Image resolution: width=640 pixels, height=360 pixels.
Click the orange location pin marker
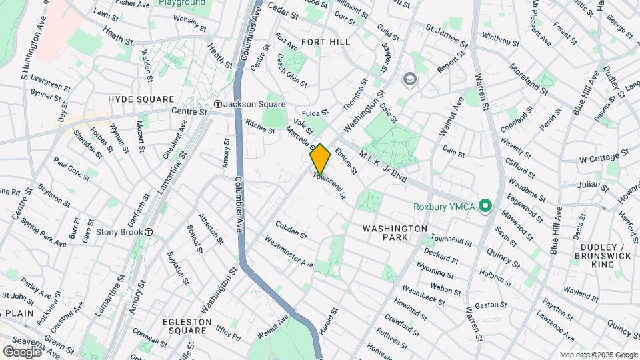(x=320, y=159)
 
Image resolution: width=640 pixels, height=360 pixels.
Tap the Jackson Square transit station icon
(x=217, y=104)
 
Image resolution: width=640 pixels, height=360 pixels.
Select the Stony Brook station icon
(x=150, y=232)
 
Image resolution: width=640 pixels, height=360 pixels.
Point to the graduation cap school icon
(x=408, y=80)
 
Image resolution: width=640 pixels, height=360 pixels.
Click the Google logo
(x=22, y=351)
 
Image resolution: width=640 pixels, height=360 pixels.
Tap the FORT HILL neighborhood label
(x=325, y=41)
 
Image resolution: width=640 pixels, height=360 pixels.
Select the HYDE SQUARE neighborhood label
(x=141, y=99)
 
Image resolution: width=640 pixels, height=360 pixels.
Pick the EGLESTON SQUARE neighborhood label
(x=187, y=326)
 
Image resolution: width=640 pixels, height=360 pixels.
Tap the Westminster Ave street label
(x=289, y=251)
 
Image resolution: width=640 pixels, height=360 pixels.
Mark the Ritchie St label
(x=260, y=126)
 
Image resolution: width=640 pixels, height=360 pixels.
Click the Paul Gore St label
(x=71, y=169)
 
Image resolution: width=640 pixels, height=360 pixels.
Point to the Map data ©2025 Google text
(x=599, y=355)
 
